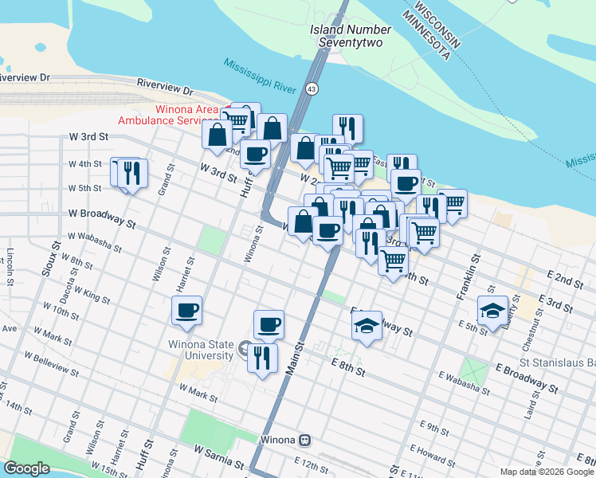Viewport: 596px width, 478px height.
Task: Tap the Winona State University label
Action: point(202,350)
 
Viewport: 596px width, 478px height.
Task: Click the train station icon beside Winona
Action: point(304,440)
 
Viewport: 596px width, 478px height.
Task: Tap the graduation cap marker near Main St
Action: point(366,326)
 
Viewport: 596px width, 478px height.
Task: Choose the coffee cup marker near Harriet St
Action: point(187,311)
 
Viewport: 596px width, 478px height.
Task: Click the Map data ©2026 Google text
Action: point(545,472)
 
